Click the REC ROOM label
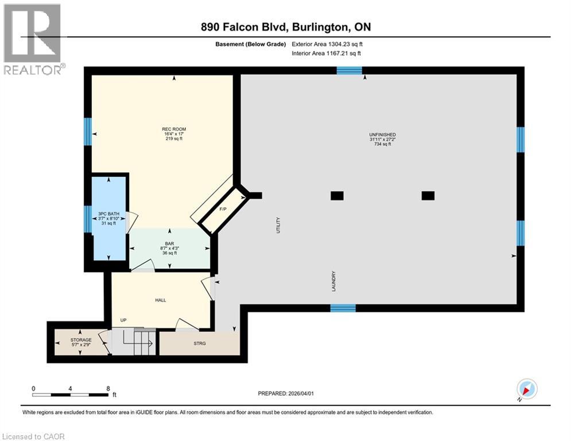pos(174,129)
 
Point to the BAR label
pos(169,244)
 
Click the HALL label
pos(161,300)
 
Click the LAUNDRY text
pos(333,281)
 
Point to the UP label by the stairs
pos(123,320)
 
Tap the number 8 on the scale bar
pos(107,388)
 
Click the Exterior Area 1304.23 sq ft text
pos(327,44)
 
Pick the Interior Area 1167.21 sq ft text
pos(326,53)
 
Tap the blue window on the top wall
pos(349,71)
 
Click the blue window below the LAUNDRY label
pos(343,308)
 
